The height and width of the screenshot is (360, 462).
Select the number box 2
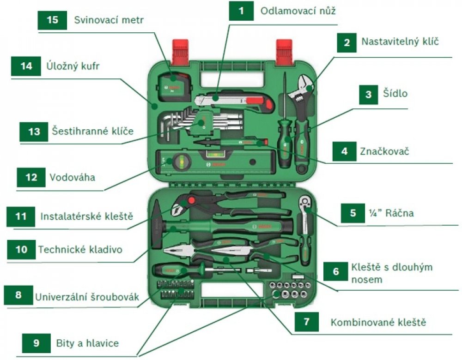point(346,42)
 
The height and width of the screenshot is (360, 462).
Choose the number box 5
point(353,213)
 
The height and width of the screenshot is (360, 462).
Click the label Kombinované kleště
point(378,322)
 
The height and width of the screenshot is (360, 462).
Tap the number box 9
point(36,343)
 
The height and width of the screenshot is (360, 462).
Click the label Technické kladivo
point(80,250)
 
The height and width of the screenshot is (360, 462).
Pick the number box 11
point(20,216)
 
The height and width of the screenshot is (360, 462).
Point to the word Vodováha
point(72,177)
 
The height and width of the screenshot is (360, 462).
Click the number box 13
point(34,132)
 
